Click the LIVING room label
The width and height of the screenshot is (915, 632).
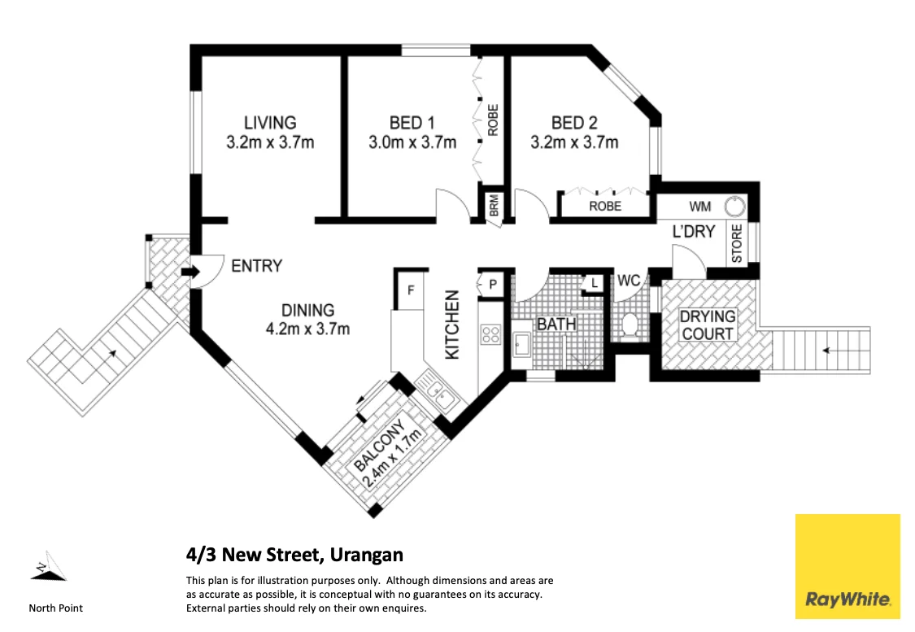[270, 123]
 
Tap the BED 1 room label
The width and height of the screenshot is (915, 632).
[412, 123]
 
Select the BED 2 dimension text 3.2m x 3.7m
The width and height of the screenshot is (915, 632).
[574, 142]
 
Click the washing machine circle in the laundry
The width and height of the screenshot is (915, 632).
[734, 207]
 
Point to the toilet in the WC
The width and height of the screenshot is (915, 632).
[629, 325]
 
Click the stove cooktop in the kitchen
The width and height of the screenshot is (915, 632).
[490, 334]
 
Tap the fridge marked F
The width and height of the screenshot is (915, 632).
[411, 290]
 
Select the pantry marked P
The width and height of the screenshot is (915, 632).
[493, 284]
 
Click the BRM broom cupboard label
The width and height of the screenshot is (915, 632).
[495, 206]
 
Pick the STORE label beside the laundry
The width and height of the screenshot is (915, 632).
[736, 243]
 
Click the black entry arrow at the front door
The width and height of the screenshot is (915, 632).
[191, 272]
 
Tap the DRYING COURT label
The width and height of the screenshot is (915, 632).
[708, 325]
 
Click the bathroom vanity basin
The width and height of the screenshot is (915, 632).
[521, 344]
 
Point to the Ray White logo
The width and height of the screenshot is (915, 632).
[847, 565]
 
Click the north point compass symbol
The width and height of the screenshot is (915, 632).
[49, 566]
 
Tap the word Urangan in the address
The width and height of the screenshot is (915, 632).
[367, 555]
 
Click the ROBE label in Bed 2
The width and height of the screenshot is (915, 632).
[605, 206]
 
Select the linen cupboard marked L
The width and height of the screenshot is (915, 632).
[594, 284]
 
